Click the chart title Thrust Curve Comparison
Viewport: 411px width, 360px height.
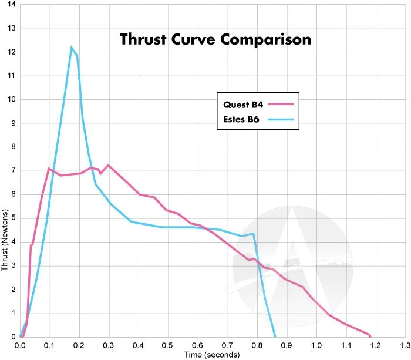215,40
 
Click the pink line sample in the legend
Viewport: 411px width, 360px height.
279,105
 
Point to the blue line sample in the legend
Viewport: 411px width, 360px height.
279,121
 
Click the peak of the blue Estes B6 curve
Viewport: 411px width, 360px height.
72,47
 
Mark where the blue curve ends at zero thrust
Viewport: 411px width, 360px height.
275,337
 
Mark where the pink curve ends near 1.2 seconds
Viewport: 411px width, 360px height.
370,335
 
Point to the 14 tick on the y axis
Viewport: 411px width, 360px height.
12,5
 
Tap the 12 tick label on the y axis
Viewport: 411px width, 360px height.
12,52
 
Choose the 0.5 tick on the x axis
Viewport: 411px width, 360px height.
168,345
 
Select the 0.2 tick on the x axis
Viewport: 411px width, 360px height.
79,345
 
